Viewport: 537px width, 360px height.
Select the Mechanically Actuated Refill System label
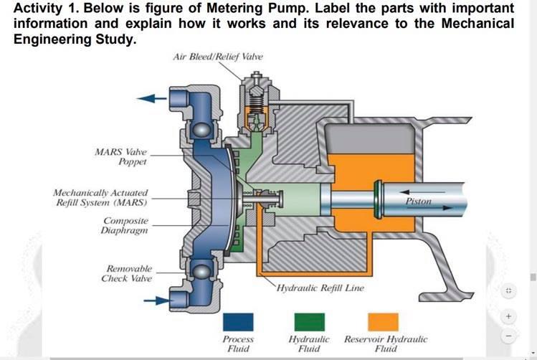[x=101, y=198]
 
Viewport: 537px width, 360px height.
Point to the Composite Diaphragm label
[x=125, y=226]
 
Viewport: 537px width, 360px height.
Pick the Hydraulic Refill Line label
[x=320, y=288]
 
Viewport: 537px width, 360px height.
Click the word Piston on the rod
[x=418, y=202]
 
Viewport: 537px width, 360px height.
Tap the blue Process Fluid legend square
[x=238, y=321]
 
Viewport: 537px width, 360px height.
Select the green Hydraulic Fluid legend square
[x=309, y=321]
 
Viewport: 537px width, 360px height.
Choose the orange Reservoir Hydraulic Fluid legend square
[x=383, y=321]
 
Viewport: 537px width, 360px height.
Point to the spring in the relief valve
[x=252, y=112]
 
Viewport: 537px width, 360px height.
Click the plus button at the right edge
[x=509, y=316]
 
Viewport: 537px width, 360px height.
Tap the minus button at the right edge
[x=509, y=336]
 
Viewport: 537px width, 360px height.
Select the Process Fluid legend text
[x=238, y=344]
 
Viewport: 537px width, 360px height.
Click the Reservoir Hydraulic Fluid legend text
[x=386, y=344]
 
